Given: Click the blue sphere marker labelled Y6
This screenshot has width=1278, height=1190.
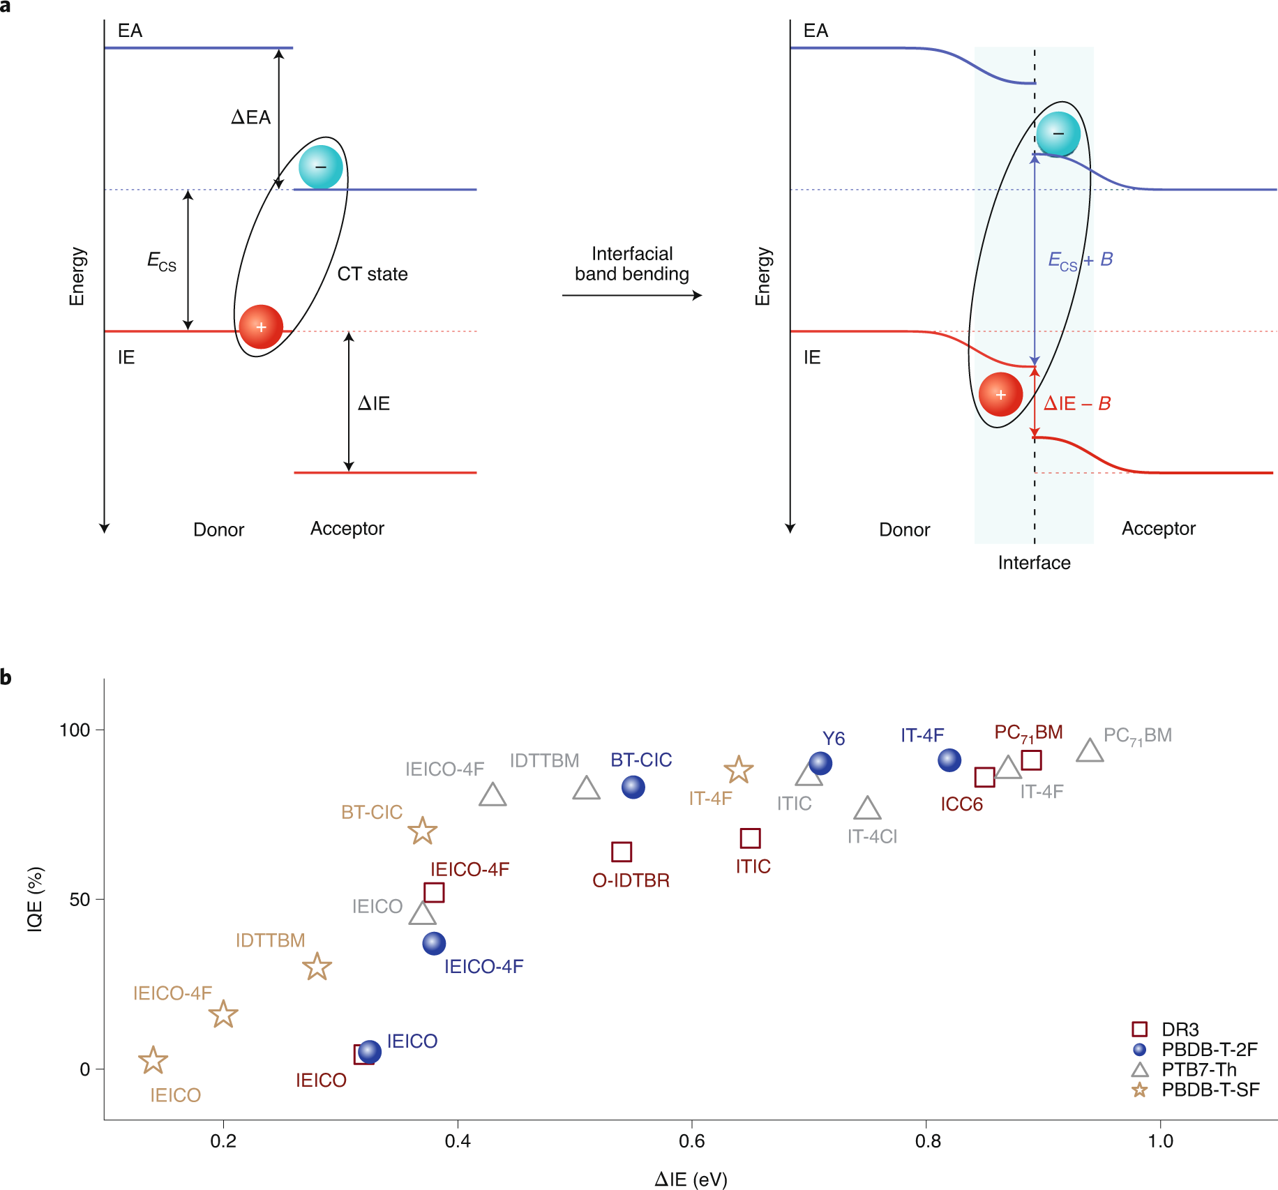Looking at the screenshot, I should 820,763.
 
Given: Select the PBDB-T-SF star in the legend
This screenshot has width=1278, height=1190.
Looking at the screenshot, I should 1140,1090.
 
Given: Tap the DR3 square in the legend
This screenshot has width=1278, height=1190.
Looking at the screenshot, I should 1139,1030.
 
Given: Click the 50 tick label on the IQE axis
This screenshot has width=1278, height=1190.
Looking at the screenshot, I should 80,899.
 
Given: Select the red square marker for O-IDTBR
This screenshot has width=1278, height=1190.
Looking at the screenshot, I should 622,852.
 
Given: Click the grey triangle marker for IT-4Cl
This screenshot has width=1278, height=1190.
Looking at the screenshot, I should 867,808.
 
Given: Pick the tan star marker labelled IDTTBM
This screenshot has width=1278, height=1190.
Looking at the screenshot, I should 317,967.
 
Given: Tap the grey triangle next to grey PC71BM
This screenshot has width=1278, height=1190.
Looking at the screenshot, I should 1090,751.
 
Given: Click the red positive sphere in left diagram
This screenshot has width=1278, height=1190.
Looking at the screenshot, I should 261,326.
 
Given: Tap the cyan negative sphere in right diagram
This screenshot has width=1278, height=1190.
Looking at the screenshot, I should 1058,134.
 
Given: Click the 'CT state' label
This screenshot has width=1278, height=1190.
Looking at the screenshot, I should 373,274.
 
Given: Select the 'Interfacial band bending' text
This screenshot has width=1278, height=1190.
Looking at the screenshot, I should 632,264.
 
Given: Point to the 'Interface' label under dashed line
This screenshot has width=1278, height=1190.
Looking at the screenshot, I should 1034,563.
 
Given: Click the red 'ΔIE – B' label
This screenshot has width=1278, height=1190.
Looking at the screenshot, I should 1077,404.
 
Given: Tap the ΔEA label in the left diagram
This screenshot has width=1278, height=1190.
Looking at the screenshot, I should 250,117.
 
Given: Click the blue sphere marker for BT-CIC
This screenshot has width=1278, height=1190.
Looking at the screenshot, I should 633,787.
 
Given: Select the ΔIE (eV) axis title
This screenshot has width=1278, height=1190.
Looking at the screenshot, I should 691,1179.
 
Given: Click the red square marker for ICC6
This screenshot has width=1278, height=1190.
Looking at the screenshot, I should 984,777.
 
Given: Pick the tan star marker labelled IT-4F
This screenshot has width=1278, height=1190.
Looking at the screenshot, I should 738,770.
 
